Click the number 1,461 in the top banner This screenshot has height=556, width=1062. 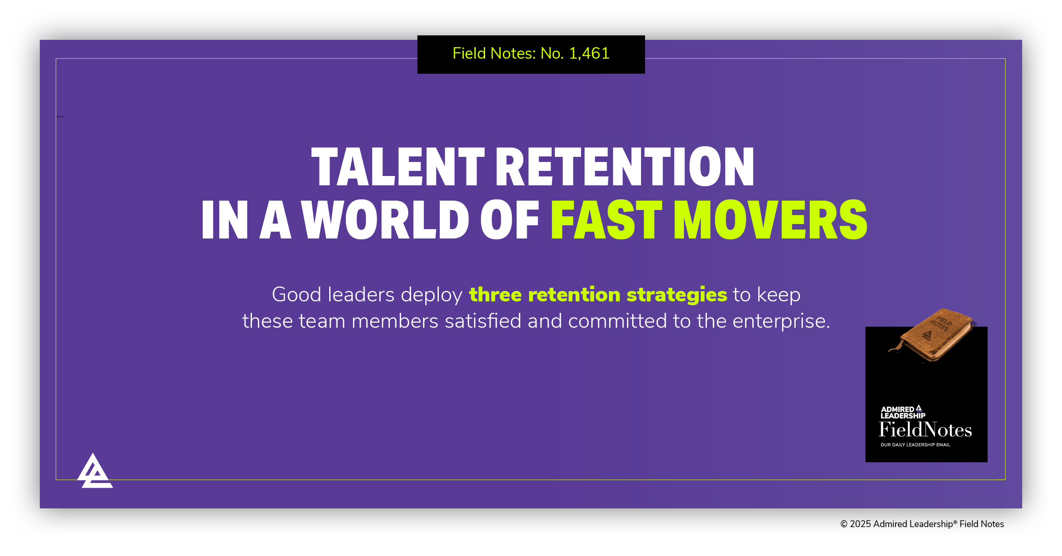[589, 54]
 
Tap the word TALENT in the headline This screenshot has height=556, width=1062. [398, 167]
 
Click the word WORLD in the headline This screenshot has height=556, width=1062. [385, 220]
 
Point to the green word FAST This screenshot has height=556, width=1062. [606, 220]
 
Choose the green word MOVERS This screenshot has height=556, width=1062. [770, 220]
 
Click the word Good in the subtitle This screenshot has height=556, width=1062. [297, 295]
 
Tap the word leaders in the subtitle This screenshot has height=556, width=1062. [362, 295]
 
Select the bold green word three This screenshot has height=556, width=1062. [495, 295]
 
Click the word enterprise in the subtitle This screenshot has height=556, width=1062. [781, 321]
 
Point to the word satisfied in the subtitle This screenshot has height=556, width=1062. [483, 321]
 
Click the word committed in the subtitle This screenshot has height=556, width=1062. [617, 321]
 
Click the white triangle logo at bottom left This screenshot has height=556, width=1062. [94, 472]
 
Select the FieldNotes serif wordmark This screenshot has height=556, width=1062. [925, 430]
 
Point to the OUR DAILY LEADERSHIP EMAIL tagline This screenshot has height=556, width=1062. [915, 445]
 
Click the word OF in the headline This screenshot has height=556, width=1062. [509, 220]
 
